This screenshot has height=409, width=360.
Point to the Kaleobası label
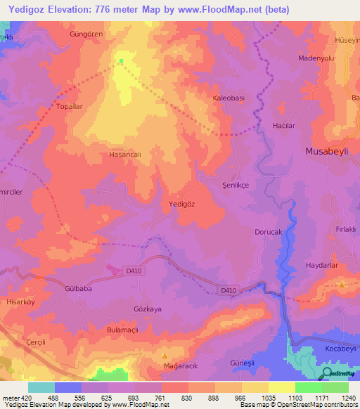[229, 100]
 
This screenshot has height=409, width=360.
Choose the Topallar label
[70, 107]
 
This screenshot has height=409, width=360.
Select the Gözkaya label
[147, 309]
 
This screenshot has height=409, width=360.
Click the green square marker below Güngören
[121, 61]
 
